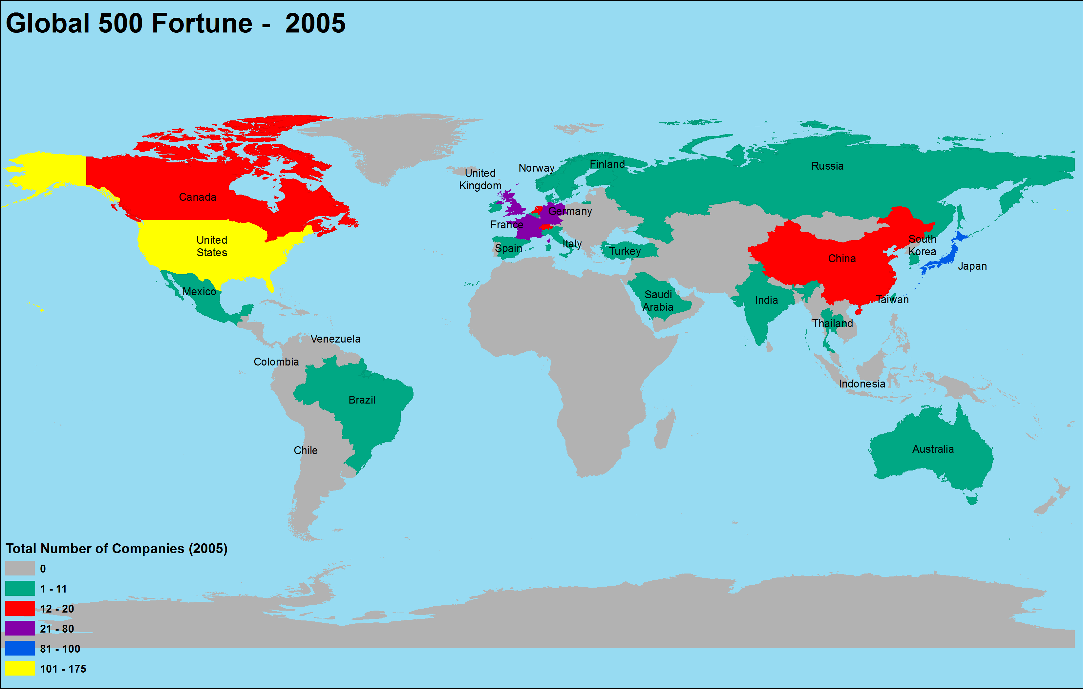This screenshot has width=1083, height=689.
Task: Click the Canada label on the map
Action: coord(198,197)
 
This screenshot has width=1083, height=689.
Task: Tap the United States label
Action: coord(211,246)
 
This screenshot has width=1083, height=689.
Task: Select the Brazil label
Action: coord(362,400)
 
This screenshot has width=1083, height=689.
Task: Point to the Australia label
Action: coord(933,449)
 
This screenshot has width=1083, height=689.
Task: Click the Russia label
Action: coord(827,166)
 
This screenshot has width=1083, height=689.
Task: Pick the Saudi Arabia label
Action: coord(658,301)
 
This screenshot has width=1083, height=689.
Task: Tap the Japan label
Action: coord(972,266)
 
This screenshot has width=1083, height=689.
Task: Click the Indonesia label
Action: coord(862,384)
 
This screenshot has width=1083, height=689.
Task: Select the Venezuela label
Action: coord(335,339)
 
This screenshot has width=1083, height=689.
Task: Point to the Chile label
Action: coord(306,450)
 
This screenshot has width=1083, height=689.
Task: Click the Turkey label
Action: coord(625,251)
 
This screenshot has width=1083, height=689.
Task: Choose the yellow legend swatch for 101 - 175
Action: coord(20,668)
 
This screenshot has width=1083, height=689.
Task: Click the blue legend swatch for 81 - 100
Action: coord(20,648)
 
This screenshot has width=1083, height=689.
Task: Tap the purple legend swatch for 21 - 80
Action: coord(20,628)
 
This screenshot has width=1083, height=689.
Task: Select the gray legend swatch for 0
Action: coord(20,568)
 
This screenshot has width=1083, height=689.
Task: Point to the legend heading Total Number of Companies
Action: coord(116,548)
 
